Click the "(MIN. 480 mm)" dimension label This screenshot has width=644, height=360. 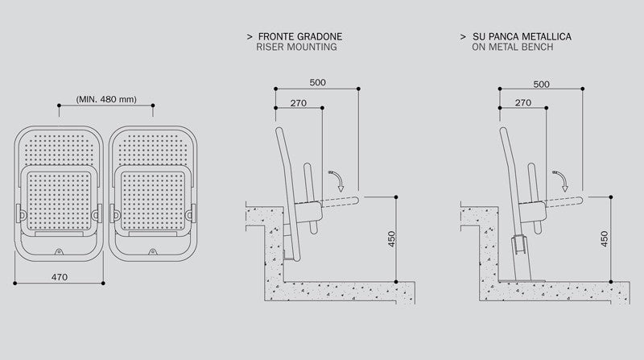(x=105, y=99)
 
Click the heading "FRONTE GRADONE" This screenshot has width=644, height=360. (x=299, y=37)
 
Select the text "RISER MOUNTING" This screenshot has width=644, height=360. (x=297, y=48)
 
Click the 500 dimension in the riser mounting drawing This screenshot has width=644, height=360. (x=318, y=82)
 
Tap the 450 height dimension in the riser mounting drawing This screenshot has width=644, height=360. (x=390, y=238)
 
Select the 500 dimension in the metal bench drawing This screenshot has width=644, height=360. (x=542, y=82)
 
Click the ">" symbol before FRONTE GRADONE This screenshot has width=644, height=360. (x=251, y=37)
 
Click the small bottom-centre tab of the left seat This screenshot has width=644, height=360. (x=58, y=251)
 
